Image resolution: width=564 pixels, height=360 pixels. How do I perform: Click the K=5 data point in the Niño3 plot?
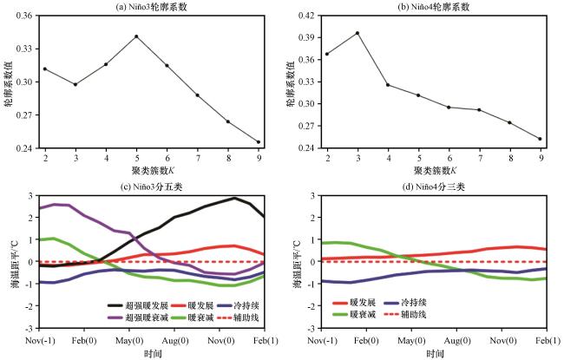coord(136,36)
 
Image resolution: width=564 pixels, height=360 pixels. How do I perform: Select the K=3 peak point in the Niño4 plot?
coord(357,33)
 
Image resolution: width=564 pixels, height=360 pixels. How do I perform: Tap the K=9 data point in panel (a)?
coord(259,142)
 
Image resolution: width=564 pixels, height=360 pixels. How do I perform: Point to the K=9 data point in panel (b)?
coord(541,139)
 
